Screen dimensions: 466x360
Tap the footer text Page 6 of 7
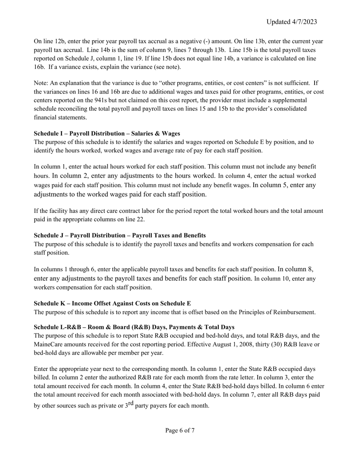(x=180, y=430)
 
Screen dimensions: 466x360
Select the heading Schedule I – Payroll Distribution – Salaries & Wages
(x=107, y=133)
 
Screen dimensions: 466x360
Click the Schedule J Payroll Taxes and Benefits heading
(x=120, y=235)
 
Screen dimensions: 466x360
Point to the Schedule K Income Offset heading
(x=112, y=303)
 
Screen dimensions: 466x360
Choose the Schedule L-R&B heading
(x=134, y=327)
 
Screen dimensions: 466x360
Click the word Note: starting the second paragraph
(x=41, y=83)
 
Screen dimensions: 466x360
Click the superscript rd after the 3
(x=131, y=403)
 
